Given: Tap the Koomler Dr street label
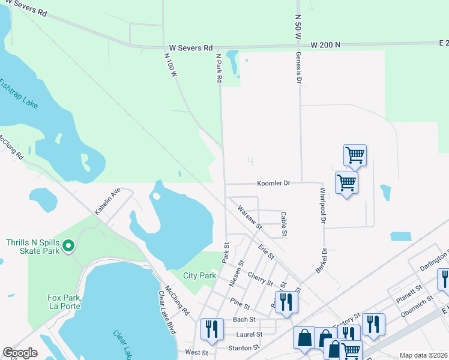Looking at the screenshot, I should [x=273, y=183].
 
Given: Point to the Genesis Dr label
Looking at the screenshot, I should [x=298, y=68].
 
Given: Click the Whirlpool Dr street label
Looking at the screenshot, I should [x=322, y=206].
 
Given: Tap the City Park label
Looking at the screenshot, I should [x=199, y=275].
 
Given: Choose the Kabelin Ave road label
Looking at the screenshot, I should [x=107, y=201].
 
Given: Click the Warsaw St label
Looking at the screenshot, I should [x=250, y=217].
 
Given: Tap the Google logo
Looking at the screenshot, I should [x=20, y=353].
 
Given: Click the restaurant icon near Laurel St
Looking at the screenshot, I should [x=212, y=328].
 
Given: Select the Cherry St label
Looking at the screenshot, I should [x=259, y=278].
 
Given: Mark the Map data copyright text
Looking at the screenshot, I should [x=423, y=355].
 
